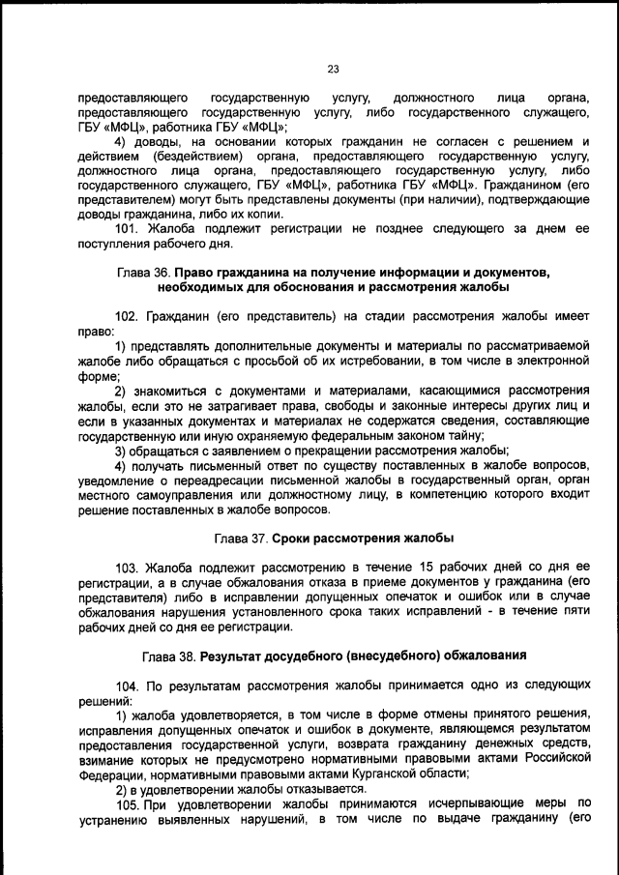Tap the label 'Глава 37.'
click(x=241, y=537)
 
